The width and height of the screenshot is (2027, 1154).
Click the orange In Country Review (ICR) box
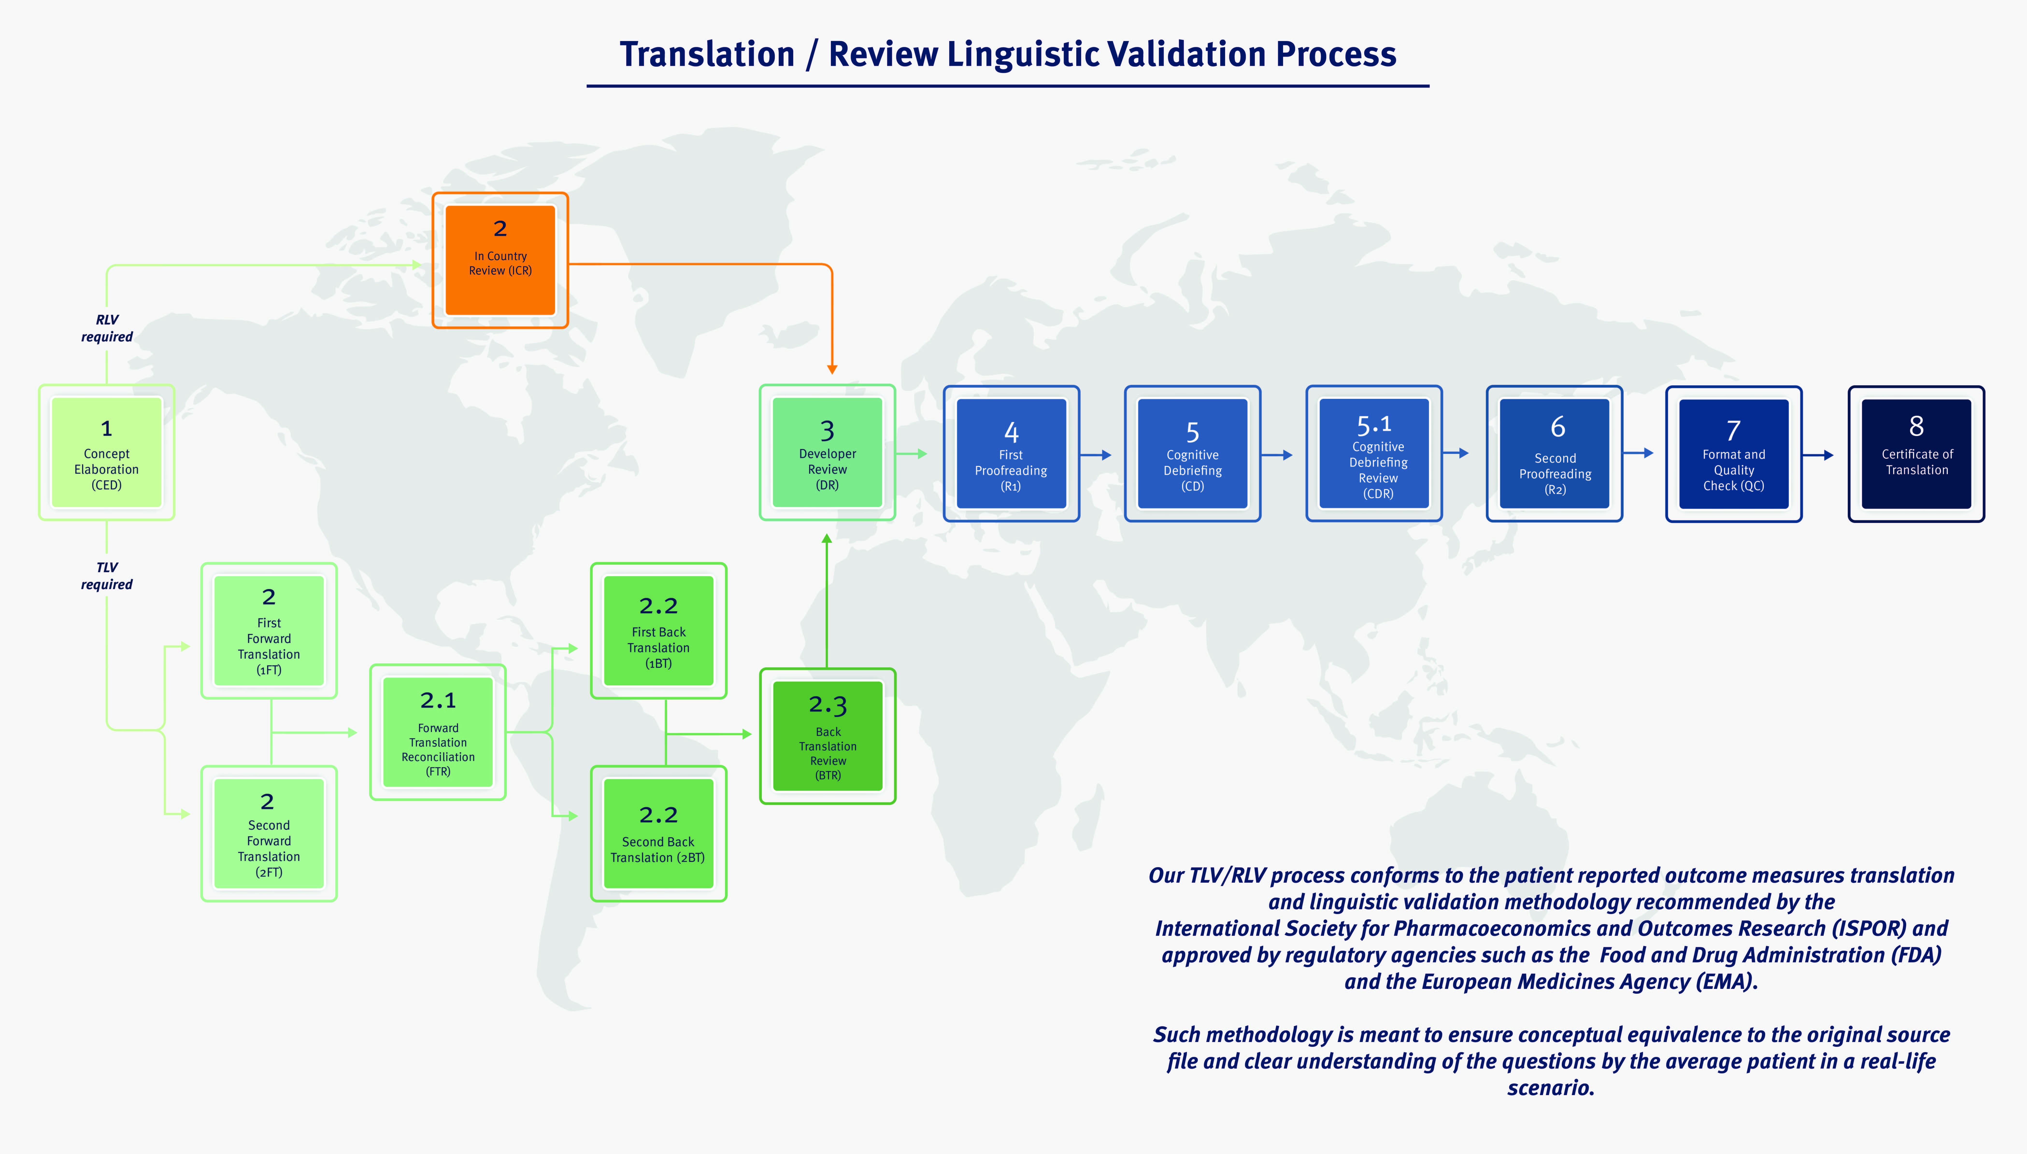click(500, 260)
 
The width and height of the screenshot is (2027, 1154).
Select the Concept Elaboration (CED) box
click(106, 453)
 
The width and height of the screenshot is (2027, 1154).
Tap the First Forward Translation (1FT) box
click(269, 631)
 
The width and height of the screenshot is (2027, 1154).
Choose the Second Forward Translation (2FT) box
click(269, 834)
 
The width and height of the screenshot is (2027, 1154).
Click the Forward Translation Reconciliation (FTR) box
click(438, 732)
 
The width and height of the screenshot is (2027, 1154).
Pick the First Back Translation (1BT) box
click(659, 631)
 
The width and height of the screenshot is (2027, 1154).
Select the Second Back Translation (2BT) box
click(659, 834)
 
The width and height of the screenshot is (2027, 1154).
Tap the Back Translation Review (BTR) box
click(828, 736)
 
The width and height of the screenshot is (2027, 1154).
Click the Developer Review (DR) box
click(828, 453)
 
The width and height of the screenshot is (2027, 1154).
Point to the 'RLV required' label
click(107, 328)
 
